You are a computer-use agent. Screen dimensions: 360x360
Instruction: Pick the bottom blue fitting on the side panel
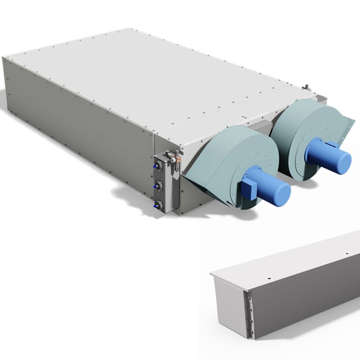point(157,205)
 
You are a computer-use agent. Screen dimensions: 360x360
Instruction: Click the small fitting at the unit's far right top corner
point(306,86)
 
